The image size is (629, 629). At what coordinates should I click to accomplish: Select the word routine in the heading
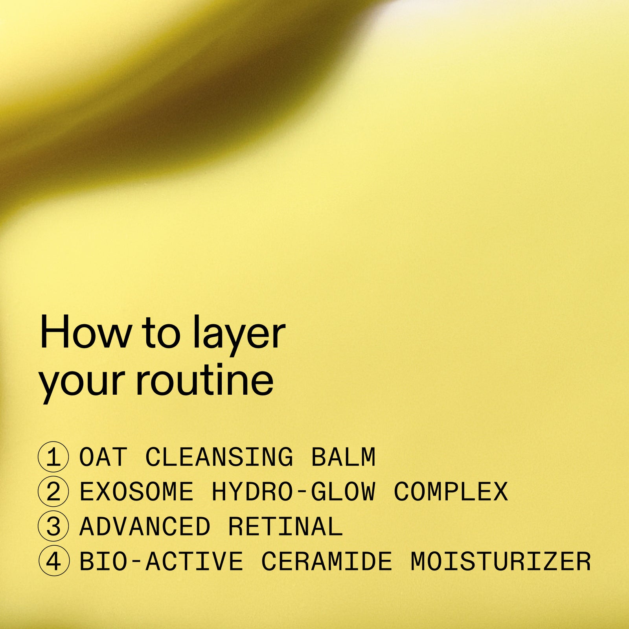tap(204, 380)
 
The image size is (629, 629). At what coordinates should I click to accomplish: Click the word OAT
tap(103, 457)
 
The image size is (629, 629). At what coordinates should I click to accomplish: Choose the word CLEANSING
tap(219, 457)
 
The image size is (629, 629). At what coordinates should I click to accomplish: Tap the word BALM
tap(343, 457)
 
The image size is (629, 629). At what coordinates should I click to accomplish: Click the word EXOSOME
tap(136, 492)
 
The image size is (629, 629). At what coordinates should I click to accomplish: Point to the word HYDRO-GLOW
tap(294, 492)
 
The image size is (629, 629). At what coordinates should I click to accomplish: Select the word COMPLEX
tap(451, 492)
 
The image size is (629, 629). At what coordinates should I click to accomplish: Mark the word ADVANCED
tap(145, 526)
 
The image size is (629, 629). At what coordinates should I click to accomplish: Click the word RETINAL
tap(285, 526)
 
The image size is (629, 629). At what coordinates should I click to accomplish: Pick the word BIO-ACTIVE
tap(161, 561)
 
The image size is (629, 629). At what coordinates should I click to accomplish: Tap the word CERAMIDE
tap(327, 561)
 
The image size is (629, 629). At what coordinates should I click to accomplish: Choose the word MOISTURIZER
tap(500, 561)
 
